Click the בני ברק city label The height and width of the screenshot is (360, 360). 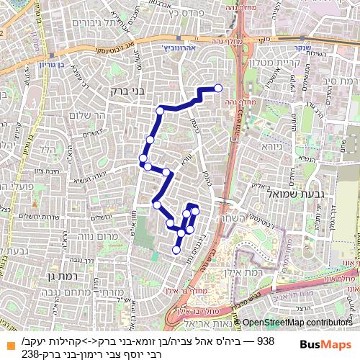[x=110, y=91]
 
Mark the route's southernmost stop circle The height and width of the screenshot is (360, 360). [x=176, y=251]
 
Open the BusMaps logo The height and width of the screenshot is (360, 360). [x=320, y=344]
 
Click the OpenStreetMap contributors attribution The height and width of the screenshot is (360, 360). [x=297, y=323]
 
